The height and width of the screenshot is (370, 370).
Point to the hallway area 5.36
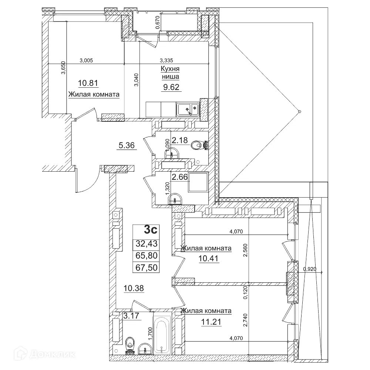pos(127,146)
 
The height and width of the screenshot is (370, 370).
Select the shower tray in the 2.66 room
pos(198,182)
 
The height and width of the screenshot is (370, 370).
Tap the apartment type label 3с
pos(151,230)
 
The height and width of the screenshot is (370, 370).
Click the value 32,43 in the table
pos(146,243)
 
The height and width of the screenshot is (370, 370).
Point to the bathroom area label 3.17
pos(131,316)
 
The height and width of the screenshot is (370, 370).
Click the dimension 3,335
pos(166,60)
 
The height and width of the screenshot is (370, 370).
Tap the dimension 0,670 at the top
pos(158,24)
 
